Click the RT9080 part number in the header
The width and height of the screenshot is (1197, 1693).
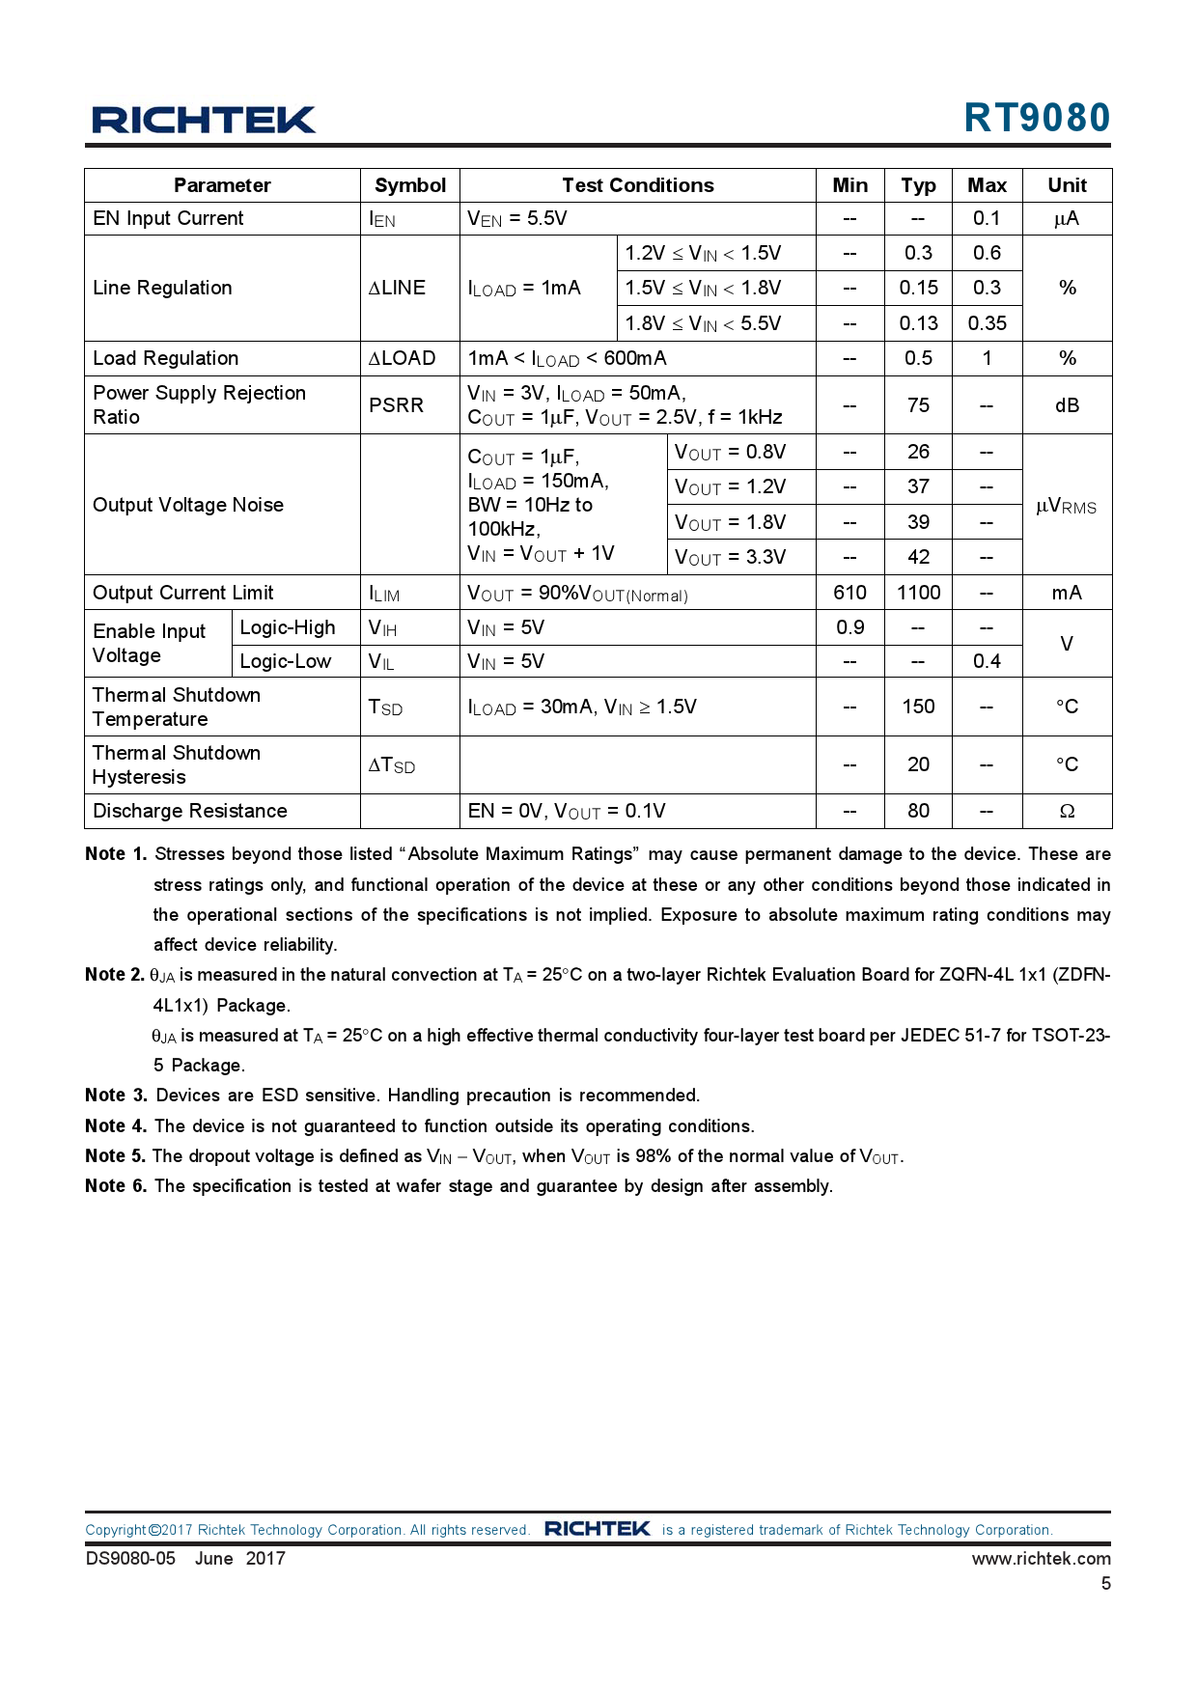tap(1037, 118)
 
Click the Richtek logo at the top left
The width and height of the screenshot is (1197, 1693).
tap(204, 120)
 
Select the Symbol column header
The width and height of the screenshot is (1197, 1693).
tap(410, 185)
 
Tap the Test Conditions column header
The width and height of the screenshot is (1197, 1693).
tap(638, 185)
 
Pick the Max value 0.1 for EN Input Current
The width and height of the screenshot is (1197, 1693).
tap(987, 218)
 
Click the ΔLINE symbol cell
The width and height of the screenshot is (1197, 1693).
tap(397, 288)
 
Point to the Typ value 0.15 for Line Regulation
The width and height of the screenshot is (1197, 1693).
tap(918, 288)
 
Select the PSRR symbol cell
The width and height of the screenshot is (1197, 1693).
tap(397, 405)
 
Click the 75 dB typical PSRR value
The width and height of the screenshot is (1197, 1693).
tap(918, 405)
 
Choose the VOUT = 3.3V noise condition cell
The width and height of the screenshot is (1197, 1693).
tap(731, 557)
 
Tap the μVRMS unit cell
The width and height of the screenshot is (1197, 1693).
tap(1066, 506)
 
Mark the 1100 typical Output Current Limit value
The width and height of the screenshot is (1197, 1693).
tap(918, 593)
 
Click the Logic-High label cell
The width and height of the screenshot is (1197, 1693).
tap(288, 627)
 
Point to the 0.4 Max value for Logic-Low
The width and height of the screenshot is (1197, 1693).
tap(987, 661)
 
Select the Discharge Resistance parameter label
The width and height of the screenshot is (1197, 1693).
tap(190, 811)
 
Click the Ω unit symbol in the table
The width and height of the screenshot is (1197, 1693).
tap(1067, 811)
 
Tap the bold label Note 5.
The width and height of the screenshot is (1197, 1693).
tap(115, 1156)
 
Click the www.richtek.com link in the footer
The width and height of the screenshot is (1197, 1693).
tap(1041, 1558)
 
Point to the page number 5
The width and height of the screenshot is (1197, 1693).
tap(1106, 1583)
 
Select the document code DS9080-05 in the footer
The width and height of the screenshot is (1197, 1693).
tap(130, 1558)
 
